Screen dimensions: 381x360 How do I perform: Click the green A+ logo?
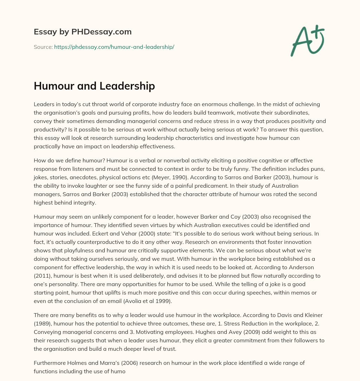pos(307,40)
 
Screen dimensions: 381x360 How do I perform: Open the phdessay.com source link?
pos(114,47)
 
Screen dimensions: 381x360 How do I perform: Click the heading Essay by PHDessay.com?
pos(83,32)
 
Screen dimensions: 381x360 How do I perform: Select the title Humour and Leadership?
pos(94,86)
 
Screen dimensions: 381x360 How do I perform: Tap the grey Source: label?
pos(43,47)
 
